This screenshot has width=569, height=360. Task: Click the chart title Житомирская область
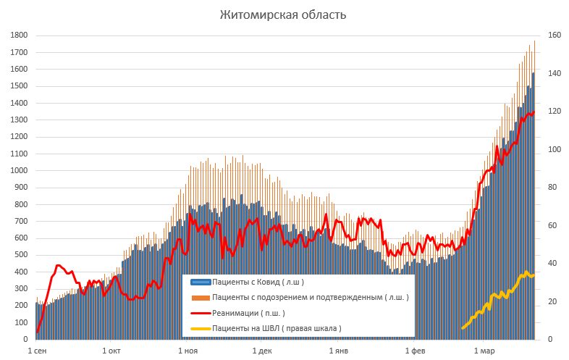click(284, 15)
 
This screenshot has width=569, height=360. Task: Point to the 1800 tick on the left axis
click(19, 35)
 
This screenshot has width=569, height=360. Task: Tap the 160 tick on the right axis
click(555, 35)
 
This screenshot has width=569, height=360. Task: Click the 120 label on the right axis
click(555, 112)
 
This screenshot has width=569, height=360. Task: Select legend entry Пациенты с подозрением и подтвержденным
click(310, 298)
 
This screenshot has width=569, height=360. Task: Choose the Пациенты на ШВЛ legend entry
click(277, 328)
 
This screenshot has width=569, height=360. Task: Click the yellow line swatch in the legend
click(200, 329)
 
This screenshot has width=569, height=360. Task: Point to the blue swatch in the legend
click(200, 282)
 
